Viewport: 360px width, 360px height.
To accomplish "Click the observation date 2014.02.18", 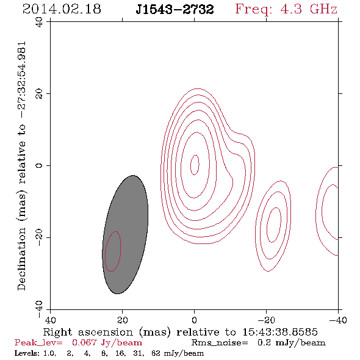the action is pos(62,9).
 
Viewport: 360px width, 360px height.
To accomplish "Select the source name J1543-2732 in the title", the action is pos(175,10).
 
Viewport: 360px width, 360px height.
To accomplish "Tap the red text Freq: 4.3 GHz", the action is pos(286,9).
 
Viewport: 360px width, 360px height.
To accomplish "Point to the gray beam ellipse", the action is pos(125,234).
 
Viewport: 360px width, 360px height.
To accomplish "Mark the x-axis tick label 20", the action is pos(122,320).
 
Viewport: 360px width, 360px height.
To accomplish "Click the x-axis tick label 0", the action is pos(194,320).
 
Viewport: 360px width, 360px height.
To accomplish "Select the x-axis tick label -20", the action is pos(266,320).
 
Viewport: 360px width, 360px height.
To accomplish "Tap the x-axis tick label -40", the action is pos(338,320).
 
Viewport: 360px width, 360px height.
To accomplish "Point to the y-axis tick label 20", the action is pos(39,94).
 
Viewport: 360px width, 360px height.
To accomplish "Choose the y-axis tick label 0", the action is pos(39,165).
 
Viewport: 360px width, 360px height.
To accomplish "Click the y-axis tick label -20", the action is pos(39,237).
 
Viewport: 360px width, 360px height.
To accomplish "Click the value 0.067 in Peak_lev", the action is pos(84,342).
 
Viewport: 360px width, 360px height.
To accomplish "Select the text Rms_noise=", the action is pos(220,343).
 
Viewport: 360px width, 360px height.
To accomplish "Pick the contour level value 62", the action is pos(156,353).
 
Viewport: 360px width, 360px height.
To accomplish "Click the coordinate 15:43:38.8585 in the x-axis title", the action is pos(280,332).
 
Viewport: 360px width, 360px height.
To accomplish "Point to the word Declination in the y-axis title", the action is pos(21,259).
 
